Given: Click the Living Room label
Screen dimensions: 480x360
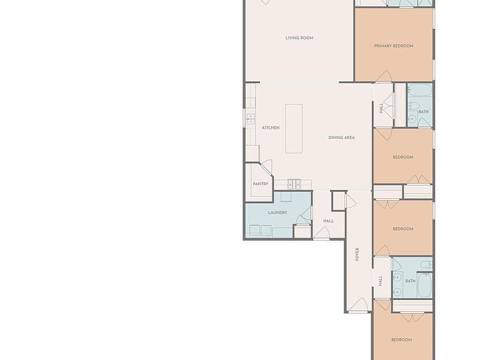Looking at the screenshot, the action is tap(299, 38).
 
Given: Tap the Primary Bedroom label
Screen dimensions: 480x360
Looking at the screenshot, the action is tap(394, 46).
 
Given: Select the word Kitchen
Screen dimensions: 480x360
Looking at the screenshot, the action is tap(271, 127).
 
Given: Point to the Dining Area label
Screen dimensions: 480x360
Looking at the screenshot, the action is tap(342, 137).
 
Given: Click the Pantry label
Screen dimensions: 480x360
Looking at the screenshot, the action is tap(261, 184).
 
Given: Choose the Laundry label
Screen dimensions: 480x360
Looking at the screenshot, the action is tap(277, 212).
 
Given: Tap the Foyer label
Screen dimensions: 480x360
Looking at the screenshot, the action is tap(357, 254).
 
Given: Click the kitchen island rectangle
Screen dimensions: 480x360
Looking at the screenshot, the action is tap(294, 129).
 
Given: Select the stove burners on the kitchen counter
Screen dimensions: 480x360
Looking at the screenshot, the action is tap(294, 184).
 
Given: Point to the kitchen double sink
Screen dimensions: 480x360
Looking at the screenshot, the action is tap(251, 118).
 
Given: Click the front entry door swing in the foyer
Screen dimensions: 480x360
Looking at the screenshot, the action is tap(359, 305).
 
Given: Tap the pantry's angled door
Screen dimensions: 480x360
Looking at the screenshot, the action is tap(266, 167).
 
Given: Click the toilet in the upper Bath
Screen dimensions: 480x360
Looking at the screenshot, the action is tap(414, 106).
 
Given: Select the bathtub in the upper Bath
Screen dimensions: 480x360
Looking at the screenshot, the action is tap(420, 91).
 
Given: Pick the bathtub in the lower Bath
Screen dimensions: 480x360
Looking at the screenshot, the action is tap(425, 285).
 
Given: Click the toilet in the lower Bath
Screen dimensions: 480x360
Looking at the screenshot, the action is tap(426, 265).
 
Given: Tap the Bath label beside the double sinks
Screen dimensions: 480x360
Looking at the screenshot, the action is tap(411, 281).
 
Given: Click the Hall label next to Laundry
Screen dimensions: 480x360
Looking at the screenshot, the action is tap(329, 221).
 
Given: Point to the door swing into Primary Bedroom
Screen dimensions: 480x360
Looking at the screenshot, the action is tap(384, 76).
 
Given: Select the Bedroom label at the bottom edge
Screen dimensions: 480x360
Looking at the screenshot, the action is tap(402, 340).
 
